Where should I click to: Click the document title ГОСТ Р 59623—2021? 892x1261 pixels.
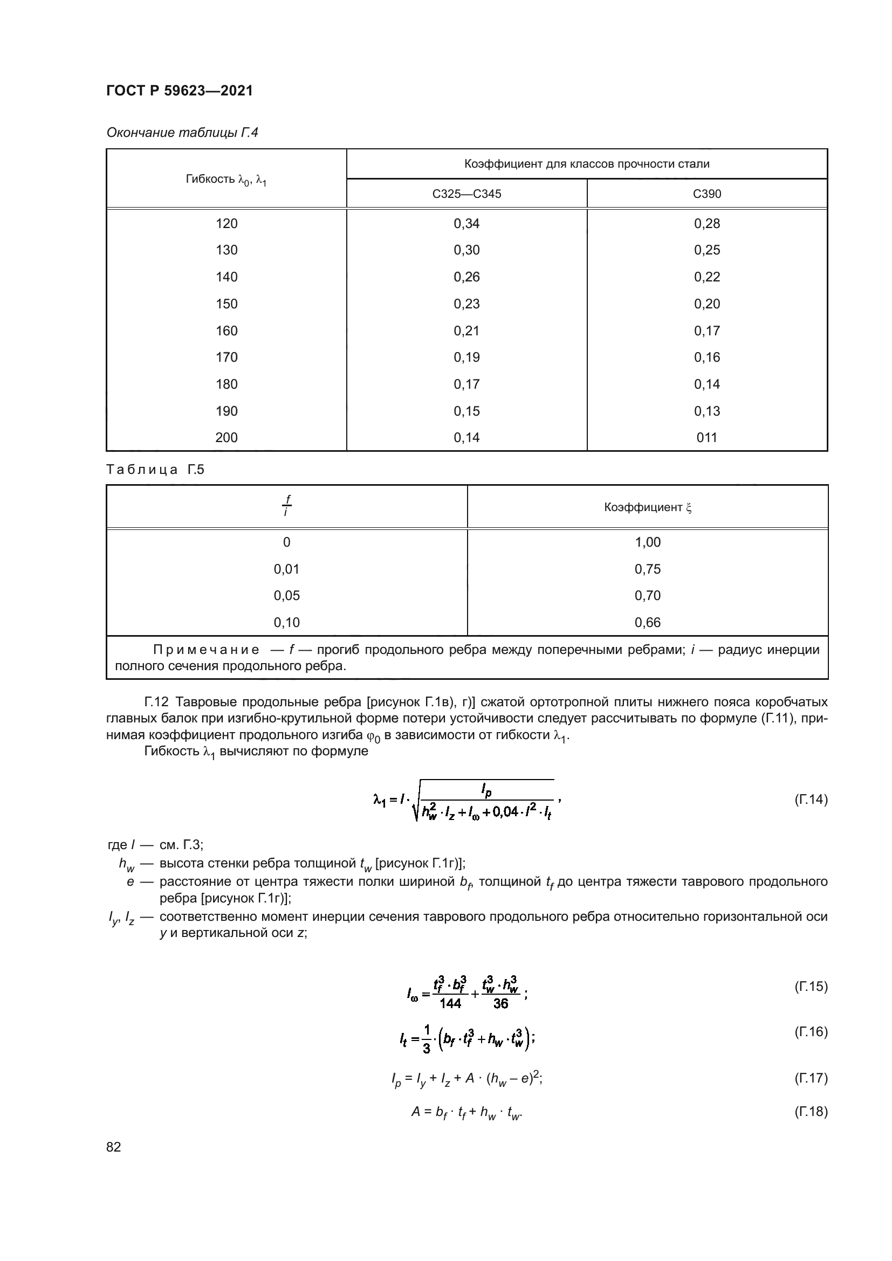tap(179, 91)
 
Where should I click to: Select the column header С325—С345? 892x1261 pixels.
tap(466, 194)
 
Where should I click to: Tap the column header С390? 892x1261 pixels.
tap(707, 194)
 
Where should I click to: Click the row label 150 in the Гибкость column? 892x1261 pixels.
tap(227, 304)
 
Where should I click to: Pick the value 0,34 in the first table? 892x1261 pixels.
tap(466, 224)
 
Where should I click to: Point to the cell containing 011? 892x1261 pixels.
tap(707, 438)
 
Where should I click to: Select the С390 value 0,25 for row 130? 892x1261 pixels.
tap(707, 250)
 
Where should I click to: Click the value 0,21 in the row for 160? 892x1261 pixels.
tap(466, 330)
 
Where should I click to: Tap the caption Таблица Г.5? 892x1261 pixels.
tap(155, 470)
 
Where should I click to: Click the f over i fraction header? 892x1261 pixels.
tap(286, 506)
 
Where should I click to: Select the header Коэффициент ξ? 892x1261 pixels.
tap(648, 507)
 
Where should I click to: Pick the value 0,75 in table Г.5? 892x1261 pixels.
tap(648, 569)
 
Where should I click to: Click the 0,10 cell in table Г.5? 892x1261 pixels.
tap(286, 622)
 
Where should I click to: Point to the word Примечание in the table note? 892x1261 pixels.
tap(206, 650)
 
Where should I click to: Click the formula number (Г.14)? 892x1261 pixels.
tap(811, 800)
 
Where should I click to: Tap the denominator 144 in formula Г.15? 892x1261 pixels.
tap(450, 1003)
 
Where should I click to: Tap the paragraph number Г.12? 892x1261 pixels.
tap(156, 702)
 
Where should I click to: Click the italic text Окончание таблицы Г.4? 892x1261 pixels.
tap(182, 133)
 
